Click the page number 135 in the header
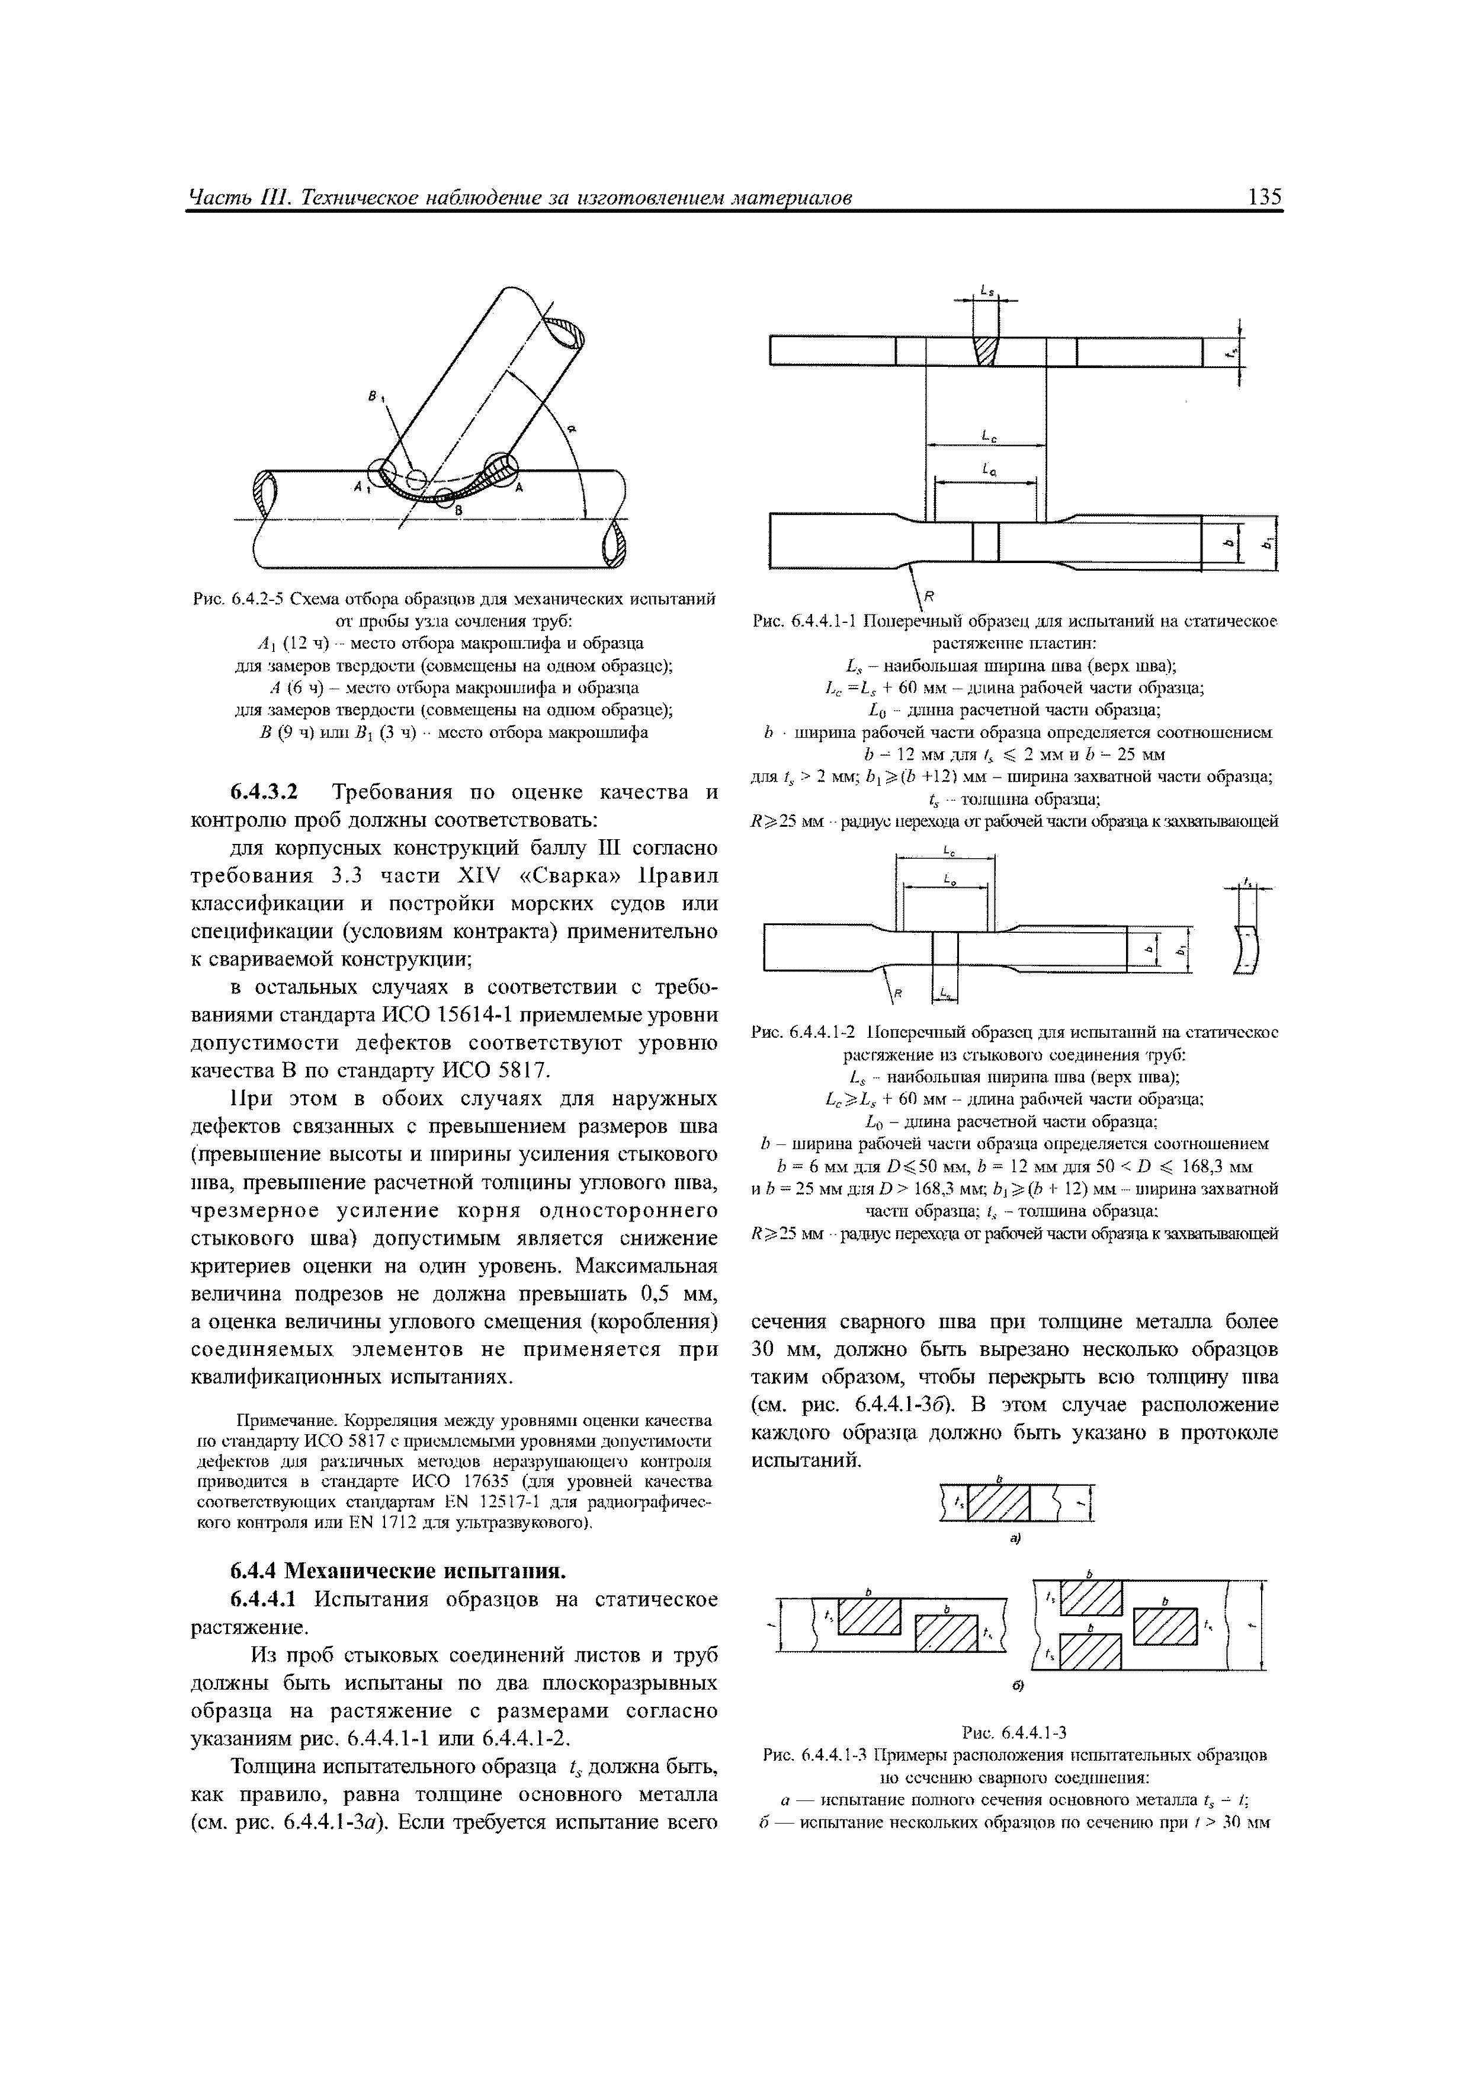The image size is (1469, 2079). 1263,197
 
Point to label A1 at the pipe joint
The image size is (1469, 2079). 362,488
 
